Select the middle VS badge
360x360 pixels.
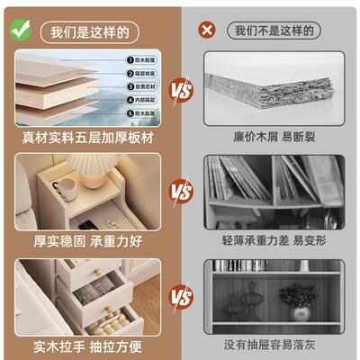pyautogui.click(x=181, y=192)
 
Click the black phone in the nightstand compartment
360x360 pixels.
pyautogui.click(x=85, y=220)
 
